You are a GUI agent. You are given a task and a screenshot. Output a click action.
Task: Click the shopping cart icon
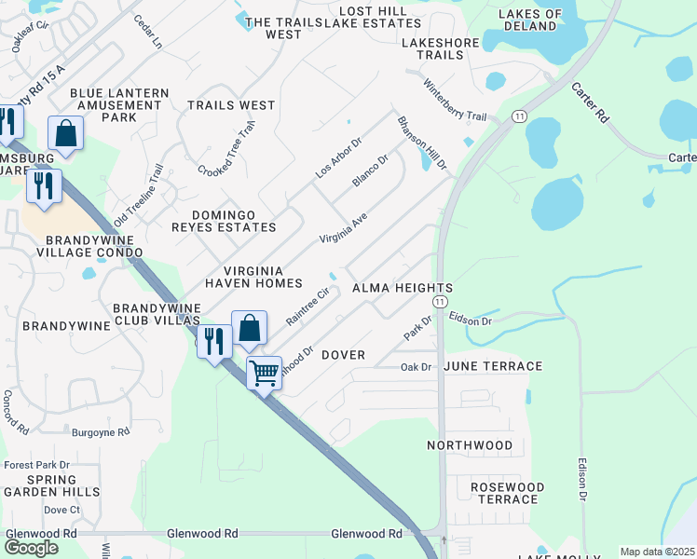265,373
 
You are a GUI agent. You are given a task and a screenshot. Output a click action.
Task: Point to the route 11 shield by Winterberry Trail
518,116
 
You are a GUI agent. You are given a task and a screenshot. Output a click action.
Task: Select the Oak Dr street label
416,367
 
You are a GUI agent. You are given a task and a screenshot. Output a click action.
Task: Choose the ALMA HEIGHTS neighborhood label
403,289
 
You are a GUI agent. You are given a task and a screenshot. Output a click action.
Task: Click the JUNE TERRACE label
494,366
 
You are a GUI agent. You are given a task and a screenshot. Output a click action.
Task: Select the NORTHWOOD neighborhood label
470,445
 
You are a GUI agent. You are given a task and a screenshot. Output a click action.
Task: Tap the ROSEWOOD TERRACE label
507,493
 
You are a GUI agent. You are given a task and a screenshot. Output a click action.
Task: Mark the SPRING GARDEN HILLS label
50,484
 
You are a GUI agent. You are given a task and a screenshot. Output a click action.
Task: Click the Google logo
32,548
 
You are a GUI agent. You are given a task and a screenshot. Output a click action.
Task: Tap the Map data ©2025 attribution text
656,552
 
